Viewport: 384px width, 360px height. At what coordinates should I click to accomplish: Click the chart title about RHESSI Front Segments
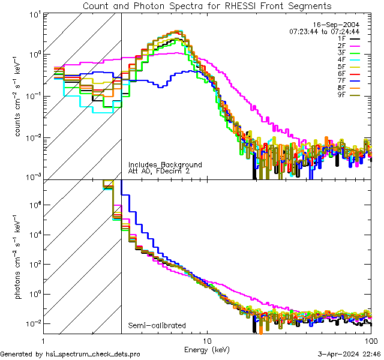[207, 5]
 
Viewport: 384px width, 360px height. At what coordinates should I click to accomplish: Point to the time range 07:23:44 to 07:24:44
[324, 31]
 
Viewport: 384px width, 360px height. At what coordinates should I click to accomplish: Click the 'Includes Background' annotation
[165, 164]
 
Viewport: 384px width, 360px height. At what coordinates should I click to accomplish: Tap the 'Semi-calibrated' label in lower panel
[157, 326]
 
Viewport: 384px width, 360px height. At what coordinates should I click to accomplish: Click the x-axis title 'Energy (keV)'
[207, 349]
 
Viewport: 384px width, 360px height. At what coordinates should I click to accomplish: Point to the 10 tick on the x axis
[207, 340]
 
